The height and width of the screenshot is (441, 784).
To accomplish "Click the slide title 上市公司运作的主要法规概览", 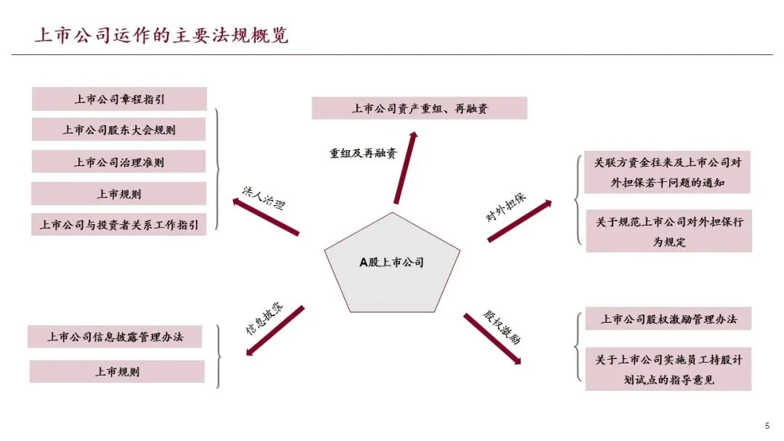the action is (x=161, y=35).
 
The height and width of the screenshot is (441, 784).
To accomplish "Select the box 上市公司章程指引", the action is (x=120, y=99).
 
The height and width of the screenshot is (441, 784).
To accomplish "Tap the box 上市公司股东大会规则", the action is (x=120, y=131).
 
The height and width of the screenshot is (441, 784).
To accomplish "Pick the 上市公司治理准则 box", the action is (x=120, y=162).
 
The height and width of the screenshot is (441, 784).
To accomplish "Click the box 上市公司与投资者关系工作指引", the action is (x=120, y=224).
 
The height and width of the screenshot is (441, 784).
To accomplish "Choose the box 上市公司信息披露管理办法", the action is (x=115, y=337).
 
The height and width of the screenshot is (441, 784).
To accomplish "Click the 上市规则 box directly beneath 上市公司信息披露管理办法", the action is (x=118, y=371).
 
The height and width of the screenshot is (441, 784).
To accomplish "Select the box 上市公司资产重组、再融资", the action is (x=420, y=109).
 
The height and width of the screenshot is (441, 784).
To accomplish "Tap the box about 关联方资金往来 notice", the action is (x=668, y=173).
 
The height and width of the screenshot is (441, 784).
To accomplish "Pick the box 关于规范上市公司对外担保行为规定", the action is (x=669, y=231).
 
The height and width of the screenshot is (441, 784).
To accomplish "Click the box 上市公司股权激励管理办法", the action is (x=668, y=319).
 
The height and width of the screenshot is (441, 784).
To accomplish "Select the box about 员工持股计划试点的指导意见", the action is (x=669, y=369).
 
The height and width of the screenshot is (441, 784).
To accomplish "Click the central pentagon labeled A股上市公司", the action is (x=392, y=263).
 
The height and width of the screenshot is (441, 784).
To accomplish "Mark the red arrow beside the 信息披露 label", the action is (x=276, y=331).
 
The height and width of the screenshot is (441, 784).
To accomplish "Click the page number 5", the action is (x=767, y=426).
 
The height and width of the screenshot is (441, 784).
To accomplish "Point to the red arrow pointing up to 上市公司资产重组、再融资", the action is (x=406, y=167).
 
